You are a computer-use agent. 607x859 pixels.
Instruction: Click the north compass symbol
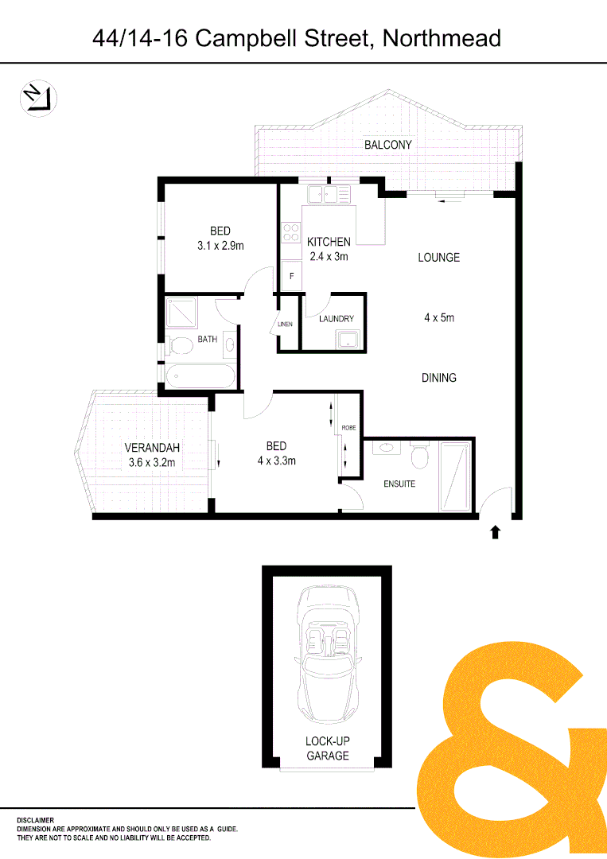point(37,98)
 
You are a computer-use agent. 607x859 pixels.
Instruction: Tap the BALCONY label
point(388,145)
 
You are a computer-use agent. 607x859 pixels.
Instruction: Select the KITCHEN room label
point(329,242)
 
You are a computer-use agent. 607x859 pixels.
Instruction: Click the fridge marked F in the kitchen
point(291,276)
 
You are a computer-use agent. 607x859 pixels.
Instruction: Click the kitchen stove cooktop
point(290,232)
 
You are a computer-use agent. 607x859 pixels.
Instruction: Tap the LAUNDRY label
point(336,319)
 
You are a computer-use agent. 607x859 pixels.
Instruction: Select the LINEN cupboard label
point(285,325)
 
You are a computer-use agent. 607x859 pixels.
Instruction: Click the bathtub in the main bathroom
point(199,375)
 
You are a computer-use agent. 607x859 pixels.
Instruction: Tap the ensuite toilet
point(419,457)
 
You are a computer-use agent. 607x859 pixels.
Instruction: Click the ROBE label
point(348,428)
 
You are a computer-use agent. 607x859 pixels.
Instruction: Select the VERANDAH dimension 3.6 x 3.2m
point(151,463)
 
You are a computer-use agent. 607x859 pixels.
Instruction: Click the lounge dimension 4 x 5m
point(439,317)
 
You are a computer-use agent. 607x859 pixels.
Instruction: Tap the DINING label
point(439,378)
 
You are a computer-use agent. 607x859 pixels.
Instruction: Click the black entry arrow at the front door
point(496,531)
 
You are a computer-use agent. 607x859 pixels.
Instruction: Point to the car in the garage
point(328,652)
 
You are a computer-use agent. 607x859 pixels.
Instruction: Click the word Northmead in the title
point(442,38)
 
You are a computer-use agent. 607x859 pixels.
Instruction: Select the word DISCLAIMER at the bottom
point(35,820)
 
